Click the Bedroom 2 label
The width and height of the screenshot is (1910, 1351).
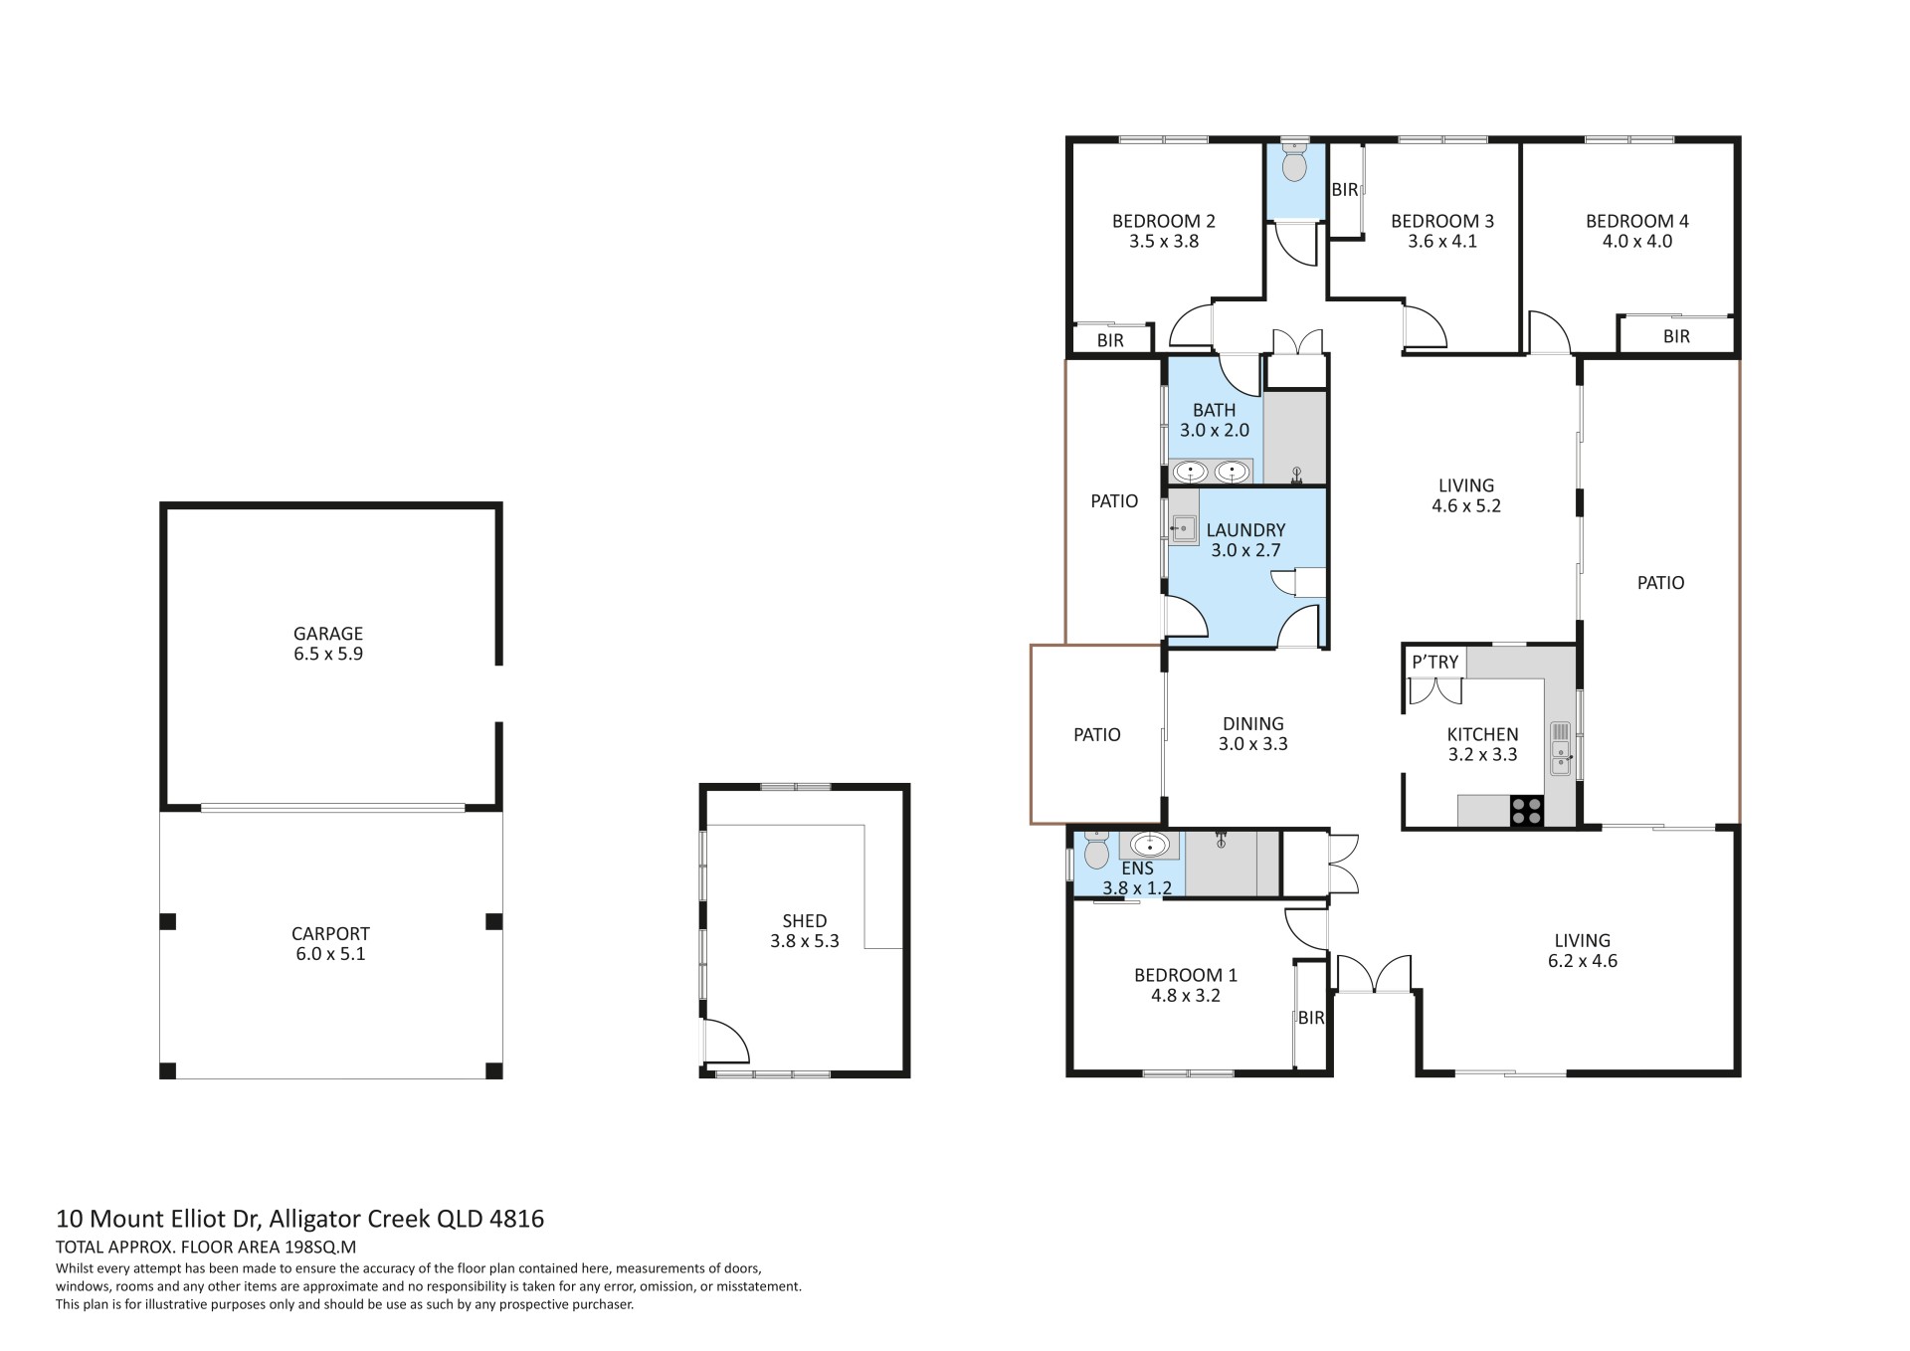pyautogui.click(x=1163, y=221)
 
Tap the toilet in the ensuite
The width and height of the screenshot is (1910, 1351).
pyautogui.click(x=1095, y=850)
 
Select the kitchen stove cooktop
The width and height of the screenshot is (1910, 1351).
pyautogui.click(x=1527, y=812)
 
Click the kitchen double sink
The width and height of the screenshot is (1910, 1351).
pyautogui.click(x=1560, y=749)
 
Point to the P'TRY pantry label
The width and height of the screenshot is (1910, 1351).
pyautogui.click(x=1434, y=662)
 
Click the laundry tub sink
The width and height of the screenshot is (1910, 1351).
pyautogui.click(x=1183, y=528)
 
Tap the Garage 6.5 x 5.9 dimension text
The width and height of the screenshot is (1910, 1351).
pyautogui.click(x=327, y=654)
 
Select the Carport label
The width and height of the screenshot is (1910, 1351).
pyautogui.click(x=330, y=933)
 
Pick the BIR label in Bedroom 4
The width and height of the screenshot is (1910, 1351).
pyautogui.click(x=1676, y=336)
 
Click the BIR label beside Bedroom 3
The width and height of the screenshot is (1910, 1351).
pyautogui.click(x=1344, y=189)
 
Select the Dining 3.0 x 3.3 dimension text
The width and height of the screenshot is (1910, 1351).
pyautogui.click(x=1252, y=743)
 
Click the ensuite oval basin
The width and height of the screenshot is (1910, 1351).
pyautogui.click(x=1150, y=846)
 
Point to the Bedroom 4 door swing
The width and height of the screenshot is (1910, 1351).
pyautogui.click(x=1548, y=332)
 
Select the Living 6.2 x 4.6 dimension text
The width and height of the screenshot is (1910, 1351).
pyautogui.click(x=1582, y=961)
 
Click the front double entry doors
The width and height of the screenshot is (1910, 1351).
pyautogui.click(x=1374, y=974)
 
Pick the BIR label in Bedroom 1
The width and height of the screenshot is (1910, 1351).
pyautogui.click(x=1311, y=1018)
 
